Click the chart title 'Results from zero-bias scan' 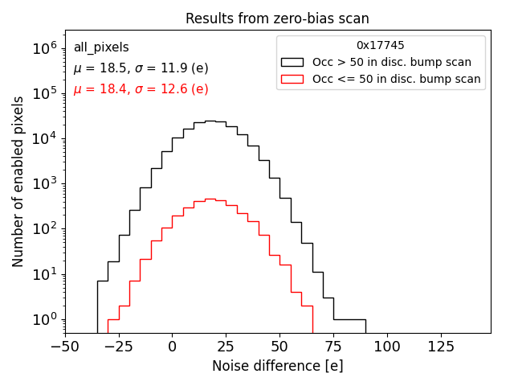(x=277, y=18)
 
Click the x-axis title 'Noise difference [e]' (x=277, y=366)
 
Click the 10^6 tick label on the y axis (x=46, y=48)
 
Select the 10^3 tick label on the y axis (x=46, y=183)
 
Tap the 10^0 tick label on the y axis (x=46, y=319)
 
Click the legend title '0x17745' (x=381, y=46)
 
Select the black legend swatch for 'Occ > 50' (x=292, y=62)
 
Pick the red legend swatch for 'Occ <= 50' (x=292, y=79)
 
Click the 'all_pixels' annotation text (x=101, y=48)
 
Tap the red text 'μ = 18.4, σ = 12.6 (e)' (x=141, y=89)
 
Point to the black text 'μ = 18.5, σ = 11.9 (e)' (x=141, y=69)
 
